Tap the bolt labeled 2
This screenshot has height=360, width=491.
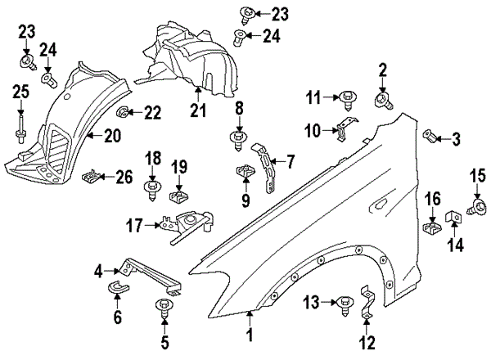click(x=382, y=100)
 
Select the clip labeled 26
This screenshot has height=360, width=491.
click(x=97, y=174)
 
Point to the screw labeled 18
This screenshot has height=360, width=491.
click(x=151, y=190)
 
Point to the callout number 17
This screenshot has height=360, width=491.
click(x=135, y=223)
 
